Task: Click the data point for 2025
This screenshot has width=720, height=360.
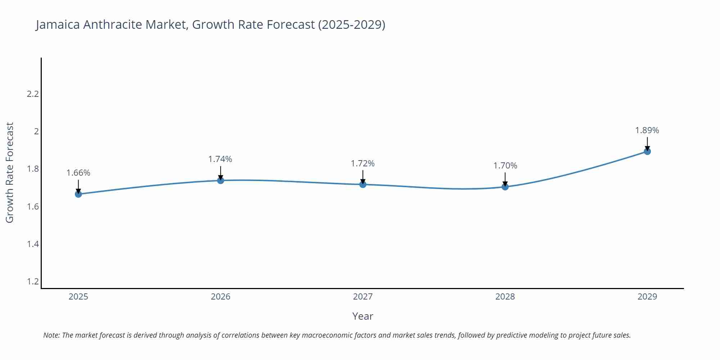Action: pos(78,194)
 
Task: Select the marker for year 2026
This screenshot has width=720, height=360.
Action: pos(221,180)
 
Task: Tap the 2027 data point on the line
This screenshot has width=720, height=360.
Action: pos(363,184)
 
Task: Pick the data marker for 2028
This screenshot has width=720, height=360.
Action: pos(505,187)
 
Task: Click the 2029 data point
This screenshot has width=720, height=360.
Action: pos(647,152)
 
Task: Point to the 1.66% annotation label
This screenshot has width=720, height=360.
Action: pos(78,173)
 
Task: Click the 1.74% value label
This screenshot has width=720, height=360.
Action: pos(220,159)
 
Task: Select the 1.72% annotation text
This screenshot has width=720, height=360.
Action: pos(363,163)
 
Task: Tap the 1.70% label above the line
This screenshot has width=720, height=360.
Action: pos(505,166)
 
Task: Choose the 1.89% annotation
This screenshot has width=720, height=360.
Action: pos(647,130)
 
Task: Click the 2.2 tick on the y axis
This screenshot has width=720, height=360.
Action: pos(33,94)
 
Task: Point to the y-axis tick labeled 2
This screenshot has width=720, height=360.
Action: pos(36,131)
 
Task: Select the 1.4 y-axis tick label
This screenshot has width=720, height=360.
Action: pos(33,244)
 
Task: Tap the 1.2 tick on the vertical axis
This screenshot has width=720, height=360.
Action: pos(33,282)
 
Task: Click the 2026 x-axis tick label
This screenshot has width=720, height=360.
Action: pos(221,297)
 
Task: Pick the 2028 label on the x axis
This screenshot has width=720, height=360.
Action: pos(505,297)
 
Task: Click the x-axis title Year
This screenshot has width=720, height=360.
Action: pos(363,316)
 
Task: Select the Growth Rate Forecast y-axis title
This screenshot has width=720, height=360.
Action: pos(10,172)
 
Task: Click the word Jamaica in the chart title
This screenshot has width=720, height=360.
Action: pos(58,24)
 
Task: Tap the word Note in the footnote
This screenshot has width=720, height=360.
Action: pos(51,335)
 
